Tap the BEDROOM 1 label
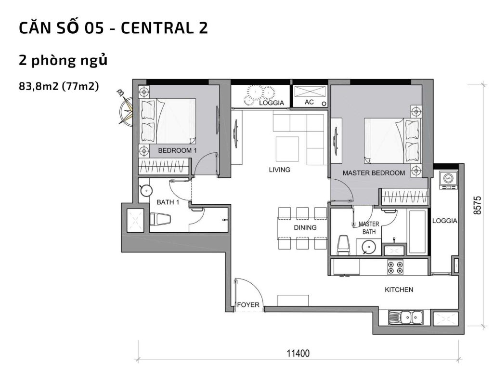(x=177, y=151)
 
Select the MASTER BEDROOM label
(x=374, y=172)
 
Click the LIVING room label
(x=280, y=170)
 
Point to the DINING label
(x=305, y=227)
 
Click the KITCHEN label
(x=399, y=290)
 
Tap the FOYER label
(x=248, y=305)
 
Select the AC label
(x=309, y=102)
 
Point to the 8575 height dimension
(x=477, y=205)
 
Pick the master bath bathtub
(x=417, y=232)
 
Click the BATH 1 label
(x=168, y=202)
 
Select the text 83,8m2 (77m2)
(x=58, y=86)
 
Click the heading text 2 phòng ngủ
(x=62, y=61)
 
